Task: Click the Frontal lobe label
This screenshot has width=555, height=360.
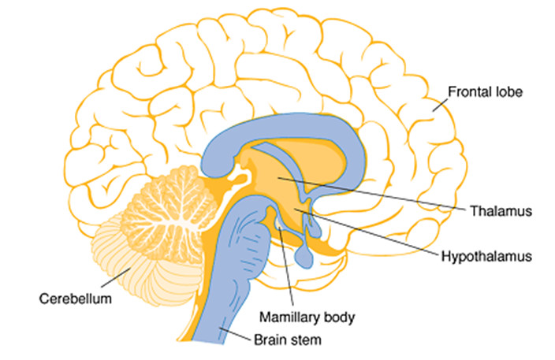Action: coord(485,92)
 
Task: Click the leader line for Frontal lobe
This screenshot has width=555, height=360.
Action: coord(438,102)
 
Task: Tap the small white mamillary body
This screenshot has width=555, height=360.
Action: coord(280,226)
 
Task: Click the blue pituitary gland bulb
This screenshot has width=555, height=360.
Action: coord(304,254)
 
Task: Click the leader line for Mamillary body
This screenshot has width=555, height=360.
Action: coord(287,268)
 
